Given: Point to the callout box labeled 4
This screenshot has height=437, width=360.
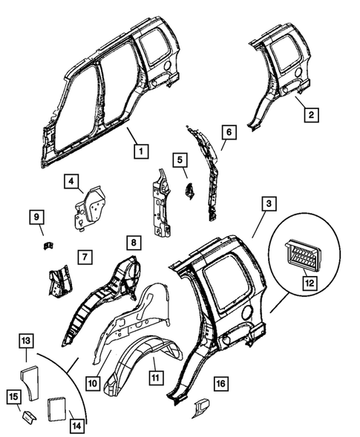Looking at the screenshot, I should [x=72, y=180].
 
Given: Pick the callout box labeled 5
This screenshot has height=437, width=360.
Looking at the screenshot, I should [x=179, y=159].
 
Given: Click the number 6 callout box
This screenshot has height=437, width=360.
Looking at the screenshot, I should [x=229, y=132].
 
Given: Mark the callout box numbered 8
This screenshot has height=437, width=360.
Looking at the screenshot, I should [x=132, y=242].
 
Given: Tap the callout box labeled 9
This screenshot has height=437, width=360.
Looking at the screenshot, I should [x=38, y=217].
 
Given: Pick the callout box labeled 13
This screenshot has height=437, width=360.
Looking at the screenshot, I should [x=25, y=341].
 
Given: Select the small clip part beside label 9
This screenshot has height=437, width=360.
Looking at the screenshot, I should [x=46, y=243].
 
